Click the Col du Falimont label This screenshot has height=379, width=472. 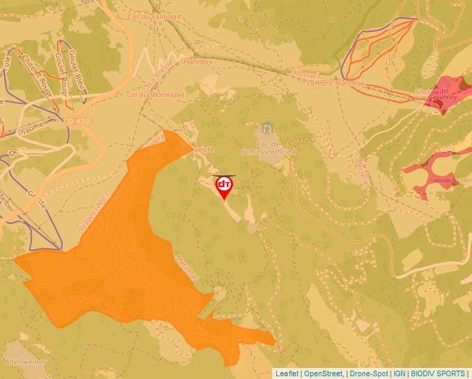153,17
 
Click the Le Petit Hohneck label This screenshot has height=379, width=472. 335,83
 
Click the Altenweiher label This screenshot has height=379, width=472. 24,362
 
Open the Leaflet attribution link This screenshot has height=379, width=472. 287,373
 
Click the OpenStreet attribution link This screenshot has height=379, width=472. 323,373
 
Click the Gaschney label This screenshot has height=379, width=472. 441,98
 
